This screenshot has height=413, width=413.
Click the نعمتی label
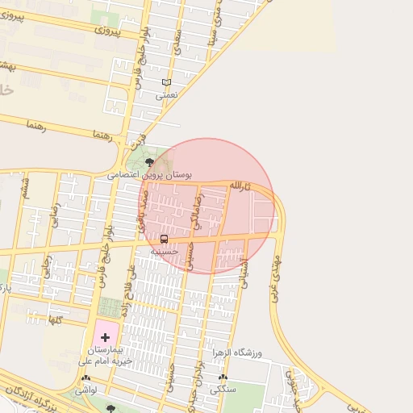[166, 94]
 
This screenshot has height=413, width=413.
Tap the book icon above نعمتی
[166, 82]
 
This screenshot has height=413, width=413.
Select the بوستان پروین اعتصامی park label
[150, 174]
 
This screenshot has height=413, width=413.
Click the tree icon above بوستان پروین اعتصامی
[150, 163]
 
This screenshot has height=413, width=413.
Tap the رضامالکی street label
[194, 212]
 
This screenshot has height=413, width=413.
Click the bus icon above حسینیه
[165, 240]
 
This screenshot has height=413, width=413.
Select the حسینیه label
[164, 252]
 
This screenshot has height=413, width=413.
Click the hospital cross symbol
[105, 336]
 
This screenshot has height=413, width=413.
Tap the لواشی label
[86, 390]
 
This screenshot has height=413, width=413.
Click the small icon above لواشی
[86, 378]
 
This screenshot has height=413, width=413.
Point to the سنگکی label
[223, 390]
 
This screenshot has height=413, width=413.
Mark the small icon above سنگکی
[223, 378]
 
